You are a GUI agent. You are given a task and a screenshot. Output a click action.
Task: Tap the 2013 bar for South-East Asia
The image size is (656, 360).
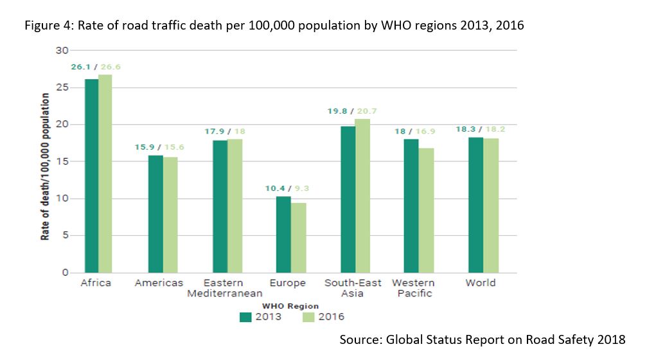pos(348,199)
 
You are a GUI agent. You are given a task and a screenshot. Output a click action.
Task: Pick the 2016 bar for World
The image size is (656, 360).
pos(491,205)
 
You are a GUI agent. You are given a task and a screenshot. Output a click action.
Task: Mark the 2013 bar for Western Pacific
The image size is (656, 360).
pos(411,206)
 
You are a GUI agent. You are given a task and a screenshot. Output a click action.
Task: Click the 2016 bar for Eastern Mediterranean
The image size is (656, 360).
pos(235,206)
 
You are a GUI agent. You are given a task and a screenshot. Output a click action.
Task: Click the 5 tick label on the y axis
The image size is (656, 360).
pos(65,235)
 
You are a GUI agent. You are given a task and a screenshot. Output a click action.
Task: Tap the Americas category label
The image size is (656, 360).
pos(159,283)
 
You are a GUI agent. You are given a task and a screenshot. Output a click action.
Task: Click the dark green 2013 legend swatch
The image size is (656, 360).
pos(245,316)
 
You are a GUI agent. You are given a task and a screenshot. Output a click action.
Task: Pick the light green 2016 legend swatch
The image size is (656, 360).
pos(308,316)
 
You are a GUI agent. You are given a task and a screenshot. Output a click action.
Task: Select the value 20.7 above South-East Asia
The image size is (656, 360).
pos(366,111)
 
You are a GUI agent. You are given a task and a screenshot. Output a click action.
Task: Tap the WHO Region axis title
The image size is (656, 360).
pos(290,305)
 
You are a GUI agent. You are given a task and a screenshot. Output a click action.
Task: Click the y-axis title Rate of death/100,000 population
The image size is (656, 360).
pos(46,166)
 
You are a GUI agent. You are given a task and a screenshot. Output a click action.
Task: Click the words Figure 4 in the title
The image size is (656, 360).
pos(45,26)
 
